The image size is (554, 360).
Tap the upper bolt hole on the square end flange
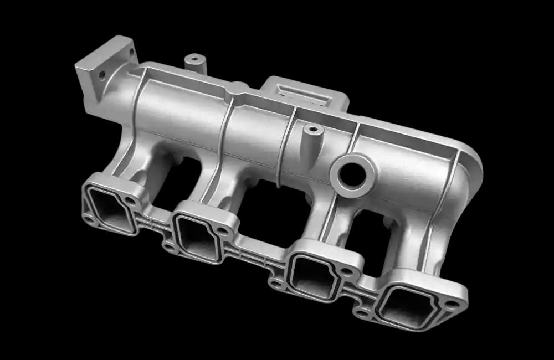click(x=131, y=52)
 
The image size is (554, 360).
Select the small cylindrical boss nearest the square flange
click(x=195, y=60)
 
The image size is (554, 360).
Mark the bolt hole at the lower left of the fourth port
click(x=363, y=313)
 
